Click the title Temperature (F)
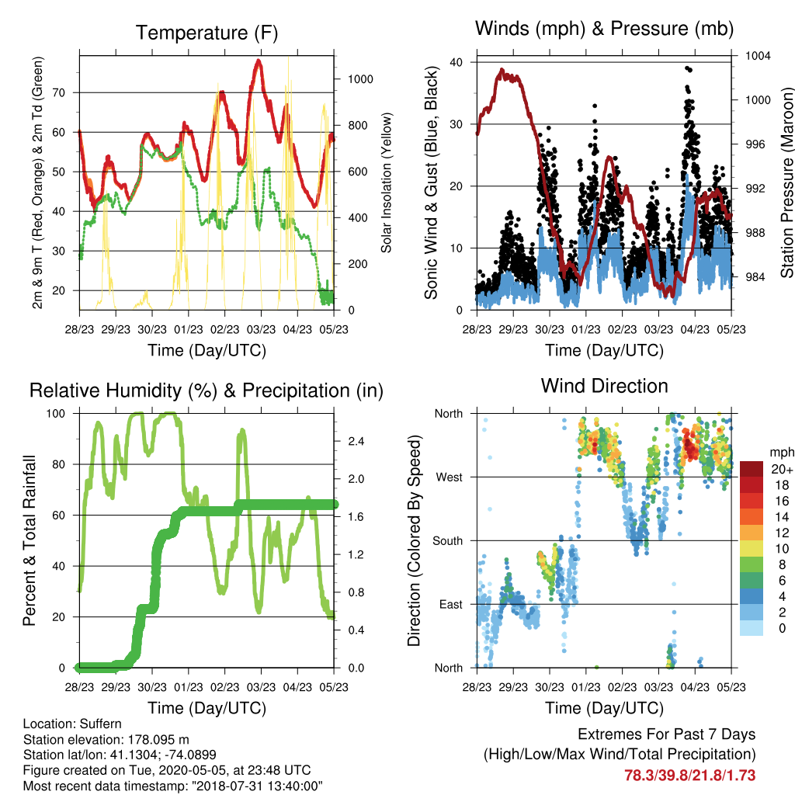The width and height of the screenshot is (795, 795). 207,33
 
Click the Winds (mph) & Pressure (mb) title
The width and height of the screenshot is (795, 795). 604,29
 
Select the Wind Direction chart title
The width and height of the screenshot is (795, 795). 604,386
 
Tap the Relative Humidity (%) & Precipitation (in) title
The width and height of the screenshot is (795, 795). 207,391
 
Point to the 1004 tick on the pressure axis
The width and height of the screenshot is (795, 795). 758,56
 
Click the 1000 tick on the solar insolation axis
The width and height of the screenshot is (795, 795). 360,79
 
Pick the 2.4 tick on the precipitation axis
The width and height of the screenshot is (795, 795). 356,441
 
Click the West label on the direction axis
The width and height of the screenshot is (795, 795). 450,477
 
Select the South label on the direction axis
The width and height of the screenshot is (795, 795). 448,541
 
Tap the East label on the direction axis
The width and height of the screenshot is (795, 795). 451,604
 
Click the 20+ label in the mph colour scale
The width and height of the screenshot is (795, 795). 782,469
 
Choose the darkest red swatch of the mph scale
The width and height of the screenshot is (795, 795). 752,469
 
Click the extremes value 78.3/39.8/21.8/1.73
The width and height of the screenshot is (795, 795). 689,776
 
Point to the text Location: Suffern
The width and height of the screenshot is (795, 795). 72,724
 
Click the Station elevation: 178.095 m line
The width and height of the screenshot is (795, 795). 106,739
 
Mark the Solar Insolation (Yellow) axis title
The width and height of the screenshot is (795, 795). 387,182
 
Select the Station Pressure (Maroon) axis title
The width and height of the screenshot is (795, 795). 787,182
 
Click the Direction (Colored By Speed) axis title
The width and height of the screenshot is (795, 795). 414,540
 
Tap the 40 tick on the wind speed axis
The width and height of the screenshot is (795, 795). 457,62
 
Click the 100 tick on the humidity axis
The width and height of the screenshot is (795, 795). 56,414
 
